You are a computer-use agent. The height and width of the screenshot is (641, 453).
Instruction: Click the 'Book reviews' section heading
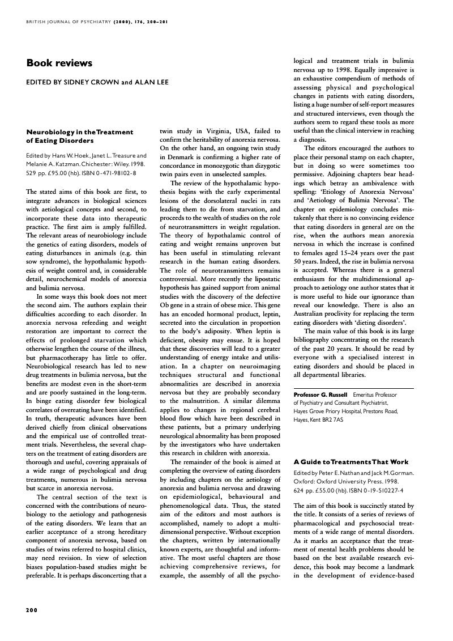(59, 63)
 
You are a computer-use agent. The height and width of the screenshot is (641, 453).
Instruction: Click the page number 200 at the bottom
(32, 610)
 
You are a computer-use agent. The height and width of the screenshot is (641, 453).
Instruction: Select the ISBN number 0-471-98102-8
(115, 172)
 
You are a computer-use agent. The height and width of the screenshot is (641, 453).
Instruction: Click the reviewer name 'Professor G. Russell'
(320, 394)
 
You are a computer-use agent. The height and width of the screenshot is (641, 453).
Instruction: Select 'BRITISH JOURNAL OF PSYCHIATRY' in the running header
(67, 22)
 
